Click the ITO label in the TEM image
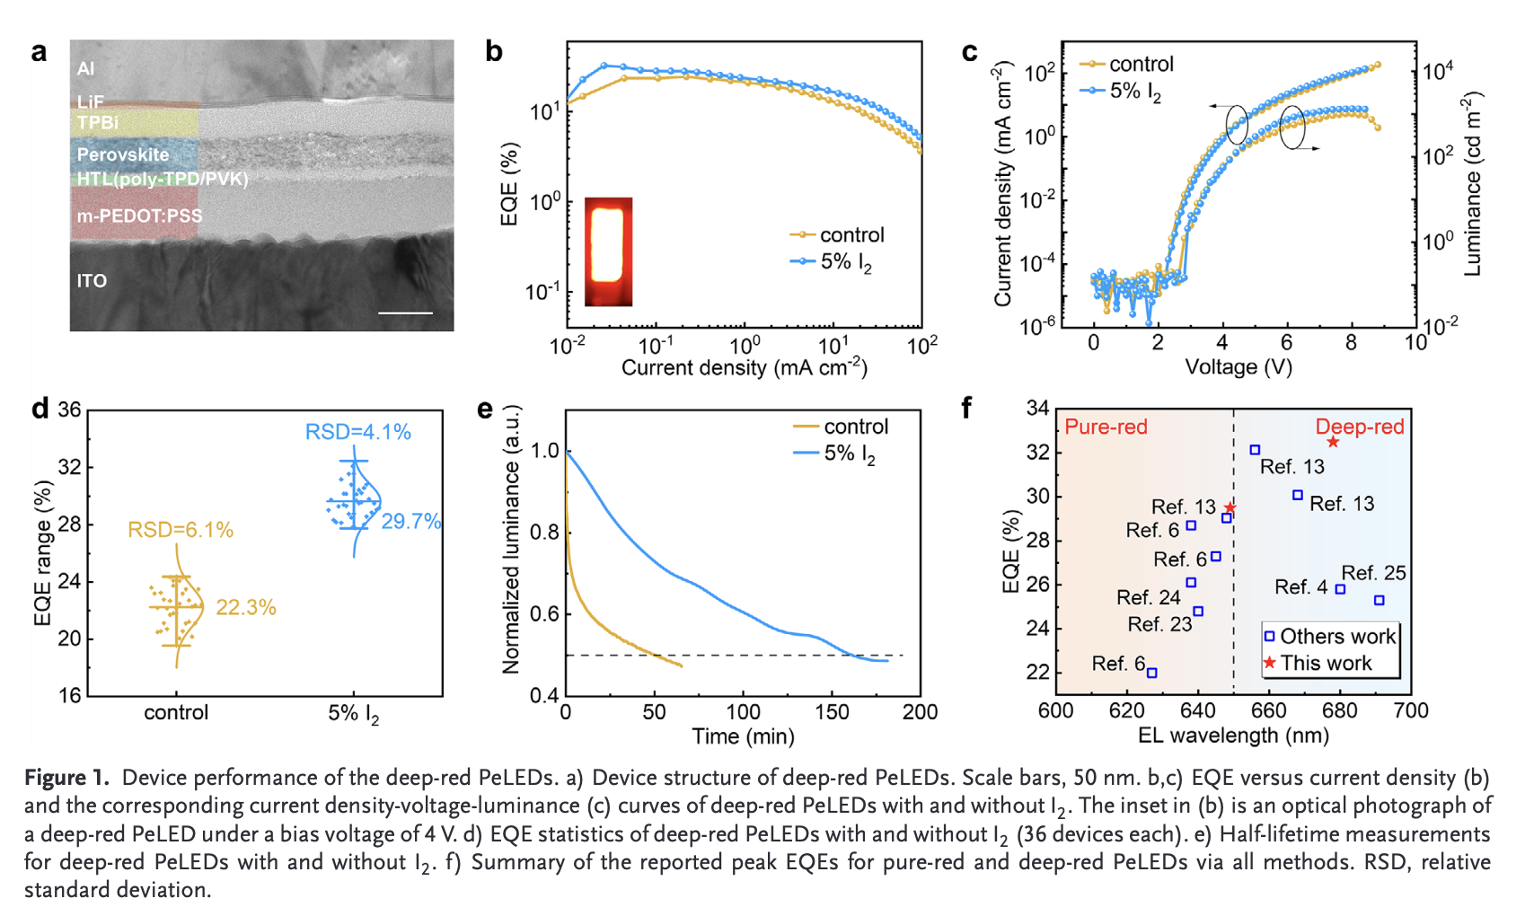click(92, 281)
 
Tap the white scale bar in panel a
click(405, 313)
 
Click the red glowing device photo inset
click(608, 251)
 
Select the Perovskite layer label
click(122, 154)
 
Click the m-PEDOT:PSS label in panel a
click(139, 216)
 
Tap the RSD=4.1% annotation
click(357, 432)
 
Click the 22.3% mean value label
click(245, 608)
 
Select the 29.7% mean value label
click(410, 522)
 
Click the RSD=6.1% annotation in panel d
click(180, 530)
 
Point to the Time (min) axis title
click(743, 736)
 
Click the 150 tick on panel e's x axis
click(832, 712)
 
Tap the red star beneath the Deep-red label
click(1333, 442)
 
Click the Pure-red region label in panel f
click(1106, 427)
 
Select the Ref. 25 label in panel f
click(1373, 573)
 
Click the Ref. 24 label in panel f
click(1148, 597)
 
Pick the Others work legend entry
click(1336, 637)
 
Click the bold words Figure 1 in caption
click(66, 778)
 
